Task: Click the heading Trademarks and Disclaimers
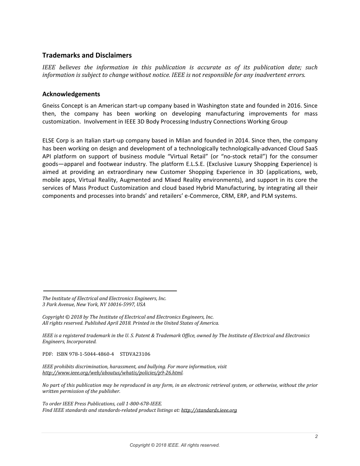coord(87,55)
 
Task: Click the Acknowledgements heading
coord(71,94)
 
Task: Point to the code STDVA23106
coord(135,354)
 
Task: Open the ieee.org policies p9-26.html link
coord(112,373)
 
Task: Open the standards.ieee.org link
coord(209,410)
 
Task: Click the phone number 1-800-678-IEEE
coord(143,404)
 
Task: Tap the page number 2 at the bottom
coord(316,436)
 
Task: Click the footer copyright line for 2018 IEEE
coord(175,445)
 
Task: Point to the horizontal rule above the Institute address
coord(110,291)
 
